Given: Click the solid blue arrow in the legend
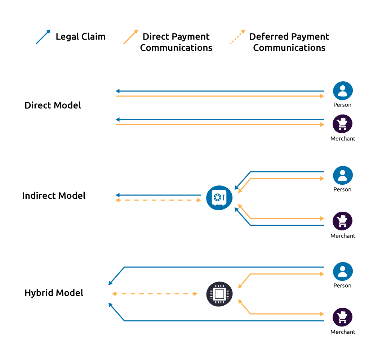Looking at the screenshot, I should coord(43,37).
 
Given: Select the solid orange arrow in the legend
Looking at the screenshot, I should coord(131,37).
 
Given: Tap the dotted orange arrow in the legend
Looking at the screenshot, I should coord(238,37).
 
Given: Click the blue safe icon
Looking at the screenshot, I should coord(219,198).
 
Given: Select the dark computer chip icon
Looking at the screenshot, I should coord(219,294).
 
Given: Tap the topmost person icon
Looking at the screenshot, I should coord(343,91).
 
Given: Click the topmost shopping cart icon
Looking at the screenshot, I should coord(342,124).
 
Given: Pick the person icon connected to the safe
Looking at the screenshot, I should coord(343,175).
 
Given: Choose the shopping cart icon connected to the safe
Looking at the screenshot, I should coord(342,221).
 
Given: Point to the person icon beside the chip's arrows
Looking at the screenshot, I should coord(343,271).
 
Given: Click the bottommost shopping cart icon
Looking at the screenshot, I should coord(342,317).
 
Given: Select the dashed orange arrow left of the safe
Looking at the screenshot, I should coord(158,200).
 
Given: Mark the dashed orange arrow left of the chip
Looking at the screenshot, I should coord(155,294).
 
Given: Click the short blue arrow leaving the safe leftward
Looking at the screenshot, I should coord(158,195).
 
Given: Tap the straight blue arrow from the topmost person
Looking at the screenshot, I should coord(220,91).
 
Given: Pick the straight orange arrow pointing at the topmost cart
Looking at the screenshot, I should coord(220,125).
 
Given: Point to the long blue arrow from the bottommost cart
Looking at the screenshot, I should coord(223,320).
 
